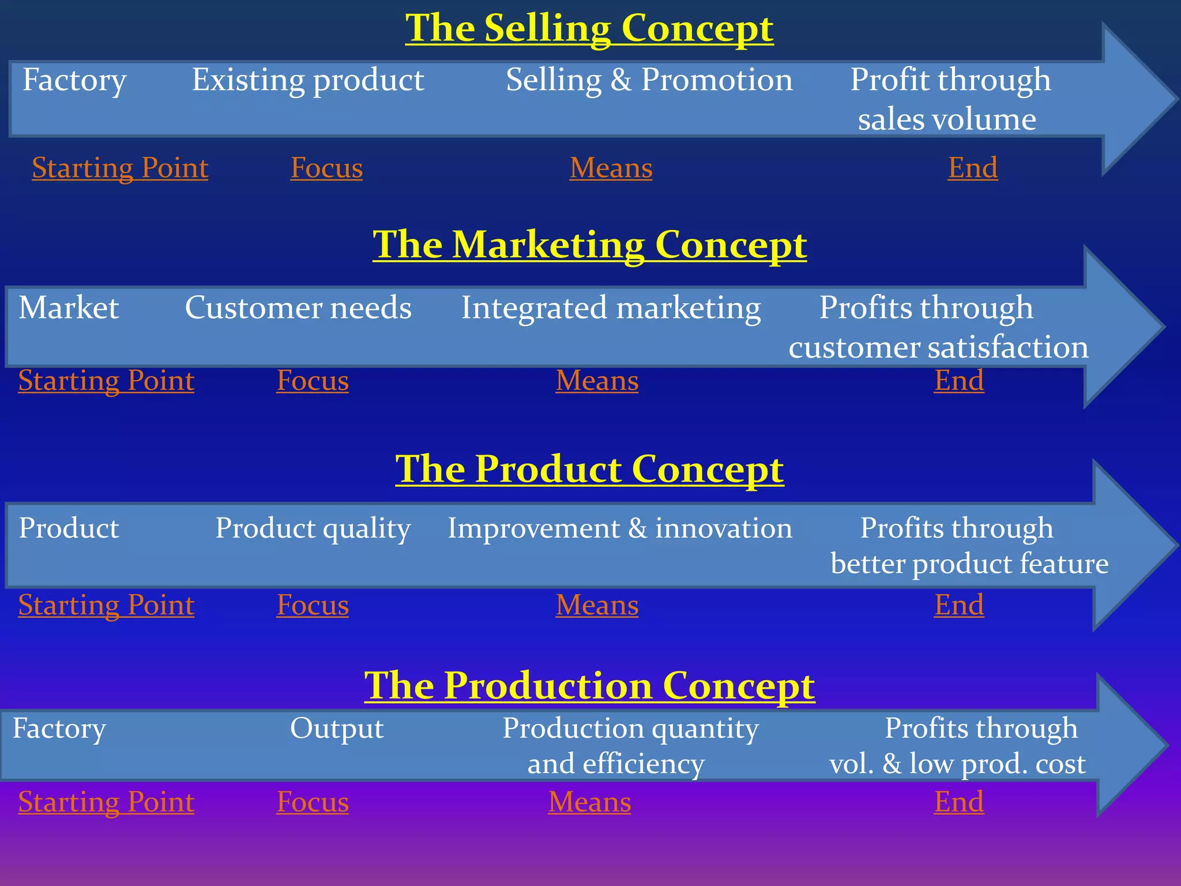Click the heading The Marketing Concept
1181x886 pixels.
pyautogui.click(x=589, y=245)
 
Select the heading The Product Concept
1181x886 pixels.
pyautogui.click(x=589, y=468)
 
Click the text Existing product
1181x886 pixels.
pyautogui.click(x=308, y=80)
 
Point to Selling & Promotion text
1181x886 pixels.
pyautogui.click(x=649, y=80)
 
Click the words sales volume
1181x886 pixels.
pyautogui.click(x=946, y=119)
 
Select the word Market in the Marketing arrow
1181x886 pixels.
pyautogui.click(x=69, y=307)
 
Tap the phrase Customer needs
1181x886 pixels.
pyautogui.click(x=298, y=307)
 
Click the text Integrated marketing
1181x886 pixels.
pyautogui.click(x=611, y=307)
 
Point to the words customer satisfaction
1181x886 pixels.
pyautogui.click(x=938, y=347)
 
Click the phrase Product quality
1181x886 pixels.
pyautogui.click(x=313, y=528)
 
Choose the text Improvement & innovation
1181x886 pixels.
pyautogui.click(x=620, y=528)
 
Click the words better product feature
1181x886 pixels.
pyautogui.click(x=969, y=564)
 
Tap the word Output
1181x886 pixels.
pyautogui.click(x=337, y=728)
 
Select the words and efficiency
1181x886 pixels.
pyautogui.click(x=616, y=764)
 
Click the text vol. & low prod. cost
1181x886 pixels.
pyautogui.click(x=957, y=764)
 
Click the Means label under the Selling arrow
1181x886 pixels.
pyautogui.click(x=611, y=168)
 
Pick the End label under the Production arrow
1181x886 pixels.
pyautogui.click(x=959, y=802)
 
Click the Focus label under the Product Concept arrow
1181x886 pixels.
pyautogui.click(x=313, y=605)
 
